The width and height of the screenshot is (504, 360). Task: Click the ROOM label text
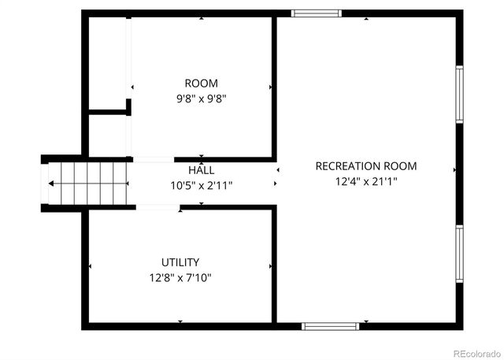coord(201,84)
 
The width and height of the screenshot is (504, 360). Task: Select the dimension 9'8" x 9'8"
coord(201,99)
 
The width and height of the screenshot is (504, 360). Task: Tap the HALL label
coord(201,170)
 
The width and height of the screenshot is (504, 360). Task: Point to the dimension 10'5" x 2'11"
coord(201,186)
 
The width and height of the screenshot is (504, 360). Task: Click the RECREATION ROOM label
coord(365,166)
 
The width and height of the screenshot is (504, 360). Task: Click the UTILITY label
coord(180,262)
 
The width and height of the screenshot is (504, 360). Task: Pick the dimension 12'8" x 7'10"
coord(180,277)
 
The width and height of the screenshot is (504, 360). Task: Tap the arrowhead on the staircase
coord(51,184)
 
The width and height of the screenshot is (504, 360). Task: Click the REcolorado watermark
coord(475,352)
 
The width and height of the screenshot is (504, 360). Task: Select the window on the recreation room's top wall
coord(316,13)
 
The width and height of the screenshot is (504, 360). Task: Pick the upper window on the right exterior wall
coord(459,94)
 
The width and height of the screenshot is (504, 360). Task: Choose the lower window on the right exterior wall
coord(459,253)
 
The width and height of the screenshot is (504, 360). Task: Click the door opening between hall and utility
coord(158,208)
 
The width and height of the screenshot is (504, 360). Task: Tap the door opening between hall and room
coord(153,160)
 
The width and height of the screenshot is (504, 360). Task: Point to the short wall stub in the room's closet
coord(109,113)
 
